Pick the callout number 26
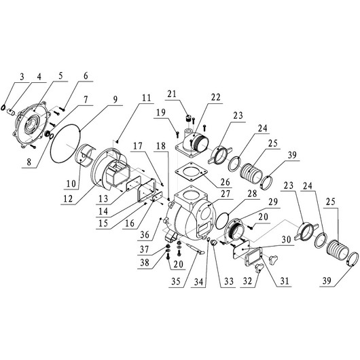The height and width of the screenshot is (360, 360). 224,183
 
